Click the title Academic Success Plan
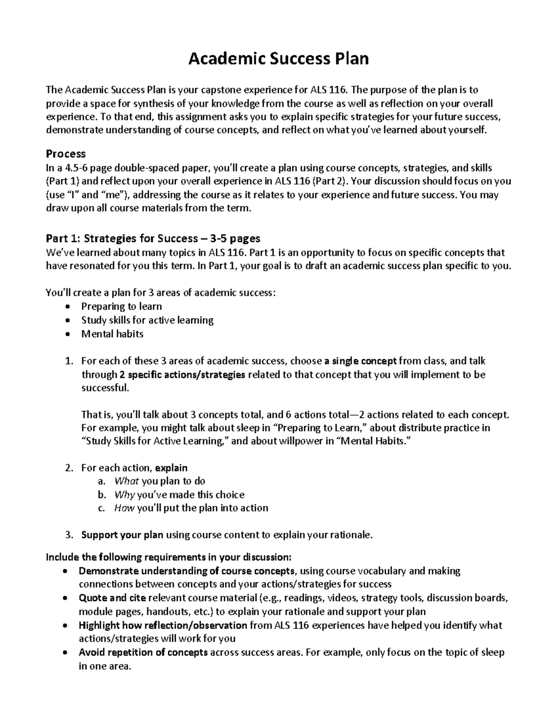tap(278, 59)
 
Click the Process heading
tap(66, 154)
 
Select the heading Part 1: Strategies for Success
tap(153, 238)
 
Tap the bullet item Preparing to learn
tap(121, 306)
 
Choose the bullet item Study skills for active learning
tap(147, 320)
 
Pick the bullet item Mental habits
tap(112, 334)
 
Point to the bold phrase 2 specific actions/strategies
tap(182, 375)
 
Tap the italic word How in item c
tap(124, 508)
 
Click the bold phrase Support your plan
tap(122, 535)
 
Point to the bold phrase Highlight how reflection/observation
tap(163, 625)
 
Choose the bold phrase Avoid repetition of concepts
tap(143, 652)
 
